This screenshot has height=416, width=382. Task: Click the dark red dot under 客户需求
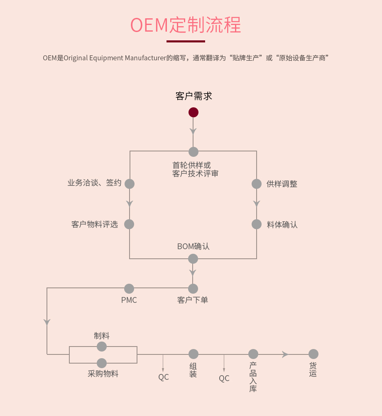[193, 112]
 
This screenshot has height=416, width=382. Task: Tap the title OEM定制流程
[186, 25]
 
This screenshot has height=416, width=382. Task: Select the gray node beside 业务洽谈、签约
[130, 183]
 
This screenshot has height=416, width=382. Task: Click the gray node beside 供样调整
[257, 183]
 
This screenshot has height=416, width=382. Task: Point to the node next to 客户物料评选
[129, 224]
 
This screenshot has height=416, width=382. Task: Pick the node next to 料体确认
[257, 224]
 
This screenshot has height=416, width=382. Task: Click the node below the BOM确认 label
[193, 259]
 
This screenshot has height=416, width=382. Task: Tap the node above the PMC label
[129, 289]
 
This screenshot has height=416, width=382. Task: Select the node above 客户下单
[193, 289]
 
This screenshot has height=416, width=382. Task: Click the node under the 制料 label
[102, 347]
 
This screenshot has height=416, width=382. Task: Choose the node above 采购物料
[102, 363]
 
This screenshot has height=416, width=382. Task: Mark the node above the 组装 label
[193, 354]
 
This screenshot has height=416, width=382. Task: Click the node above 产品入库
[253, 354]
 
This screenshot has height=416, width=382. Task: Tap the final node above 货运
[313, 354]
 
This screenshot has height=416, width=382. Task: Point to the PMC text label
[129, 300]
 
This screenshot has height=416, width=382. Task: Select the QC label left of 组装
[164, 377]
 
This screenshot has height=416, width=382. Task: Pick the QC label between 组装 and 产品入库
[224, 379]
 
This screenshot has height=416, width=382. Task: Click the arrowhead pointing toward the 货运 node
[285, 354]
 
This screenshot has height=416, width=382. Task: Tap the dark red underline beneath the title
[186, 41]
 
